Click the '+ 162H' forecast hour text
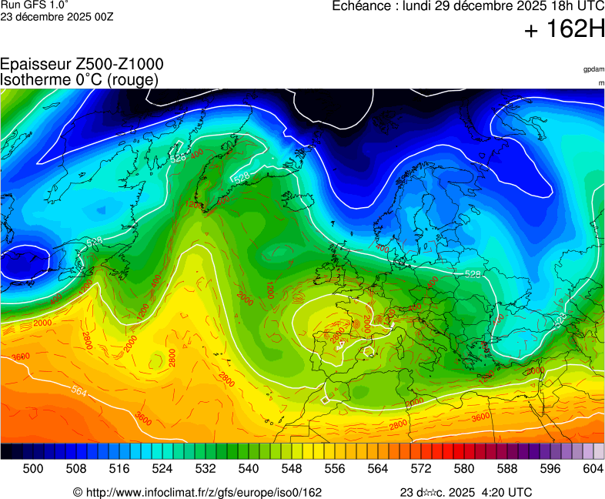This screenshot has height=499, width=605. click(x=564, y=29)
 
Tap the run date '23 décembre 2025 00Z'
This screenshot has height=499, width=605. click(x=57, y=16)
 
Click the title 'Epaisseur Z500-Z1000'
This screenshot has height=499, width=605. click(x=82, y=65)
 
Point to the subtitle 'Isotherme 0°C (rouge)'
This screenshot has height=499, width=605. click(x=80, y=79)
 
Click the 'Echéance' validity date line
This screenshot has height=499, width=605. click(x=468, y=7)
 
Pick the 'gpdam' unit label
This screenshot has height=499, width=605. click(x=593, y=69)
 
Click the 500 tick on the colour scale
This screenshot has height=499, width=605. click(x=32, y=467)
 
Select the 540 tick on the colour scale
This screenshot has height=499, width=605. click(x=248, y=467)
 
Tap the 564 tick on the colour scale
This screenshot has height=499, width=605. click(x=377, y=467)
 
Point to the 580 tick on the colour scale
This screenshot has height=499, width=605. click(x=463, y=467)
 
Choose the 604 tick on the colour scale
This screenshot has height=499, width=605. click(x=593, y=467)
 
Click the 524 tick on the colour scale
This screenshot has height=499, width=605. click(x=162, y=467)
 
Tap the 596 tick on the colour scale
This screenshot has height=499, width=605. click(x=550, y=467)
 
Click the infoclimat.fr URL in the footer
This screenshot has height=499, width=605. click(x=202, y=492)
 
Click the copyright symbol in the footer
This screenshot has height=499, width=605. click(x=77, y=492)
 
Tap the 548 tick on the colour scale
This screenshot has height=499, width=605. click(x=291, y=467)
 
